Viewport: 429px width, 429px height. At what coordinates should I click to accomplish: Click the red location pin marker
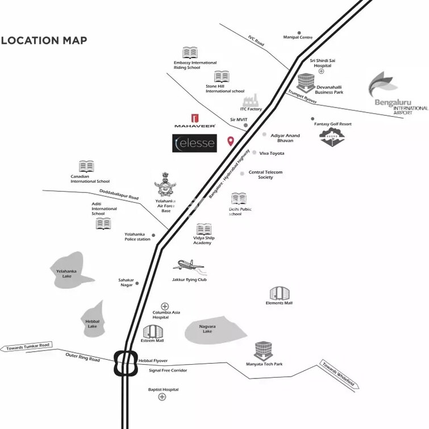[x=230, y=141]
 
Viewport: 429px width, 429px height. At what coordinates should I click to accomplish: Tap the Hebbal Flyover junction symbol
[x=126, y=363]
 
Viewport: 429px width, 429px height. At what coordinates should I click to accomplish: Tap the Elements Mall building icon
[x=279, y=293]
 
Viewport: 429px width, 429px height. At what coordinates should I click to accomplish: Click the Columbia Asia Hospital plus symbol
[x=165, y=306]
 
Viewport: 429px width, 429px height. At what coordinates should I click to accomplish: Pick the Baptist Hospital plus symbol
[x=163, y=397]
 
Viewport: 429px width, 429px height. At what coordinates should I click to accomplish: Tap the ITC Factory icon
[x=251, y=100]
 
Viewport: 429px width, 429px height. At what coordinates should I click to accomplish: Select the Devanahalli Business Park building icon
[x=305, y=82]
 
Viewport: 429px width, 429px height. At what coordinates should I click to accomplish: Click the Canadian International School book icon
[x=86, y=167]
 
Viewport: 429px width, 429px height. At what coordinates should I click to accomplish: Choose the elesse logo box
[x=194, y=143]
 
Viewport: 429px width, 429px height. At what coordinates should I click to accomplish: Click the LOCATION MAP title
[x=44, y=40]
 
